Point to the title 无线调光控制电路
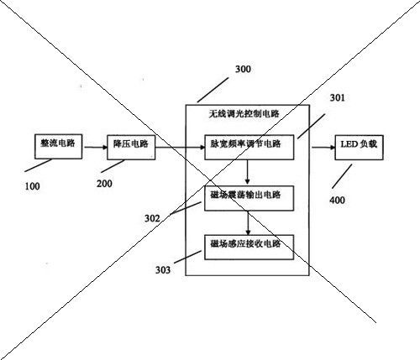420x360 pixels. (x=244, y=113)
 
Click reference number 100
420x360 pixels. (x=32, y=186)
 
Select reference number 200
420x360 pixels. (x=104, y=184)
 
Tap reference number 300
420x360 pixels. (x=243, y=69)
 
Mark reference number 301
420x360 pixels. (x=338, y=97)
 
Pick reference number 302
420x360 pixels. (x=152, y=218)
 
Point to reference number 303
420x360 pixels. (x=163, y=270)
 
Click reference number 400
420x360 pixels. (x=337, y=201)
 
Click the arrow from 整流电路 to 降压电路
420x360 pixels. (x=96, y=147)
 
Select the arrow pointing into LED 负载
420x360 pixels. (x=323, y=148)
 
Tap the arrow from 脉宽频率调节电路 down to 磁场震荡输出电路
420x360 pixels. (x=247, y=172)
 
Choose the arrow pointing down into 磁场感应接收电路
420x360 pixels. (x=248, y=223)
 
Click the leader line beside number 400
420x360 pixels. (x=342, y=176)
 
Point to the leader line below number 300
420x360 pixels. (x=213, y=90)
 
